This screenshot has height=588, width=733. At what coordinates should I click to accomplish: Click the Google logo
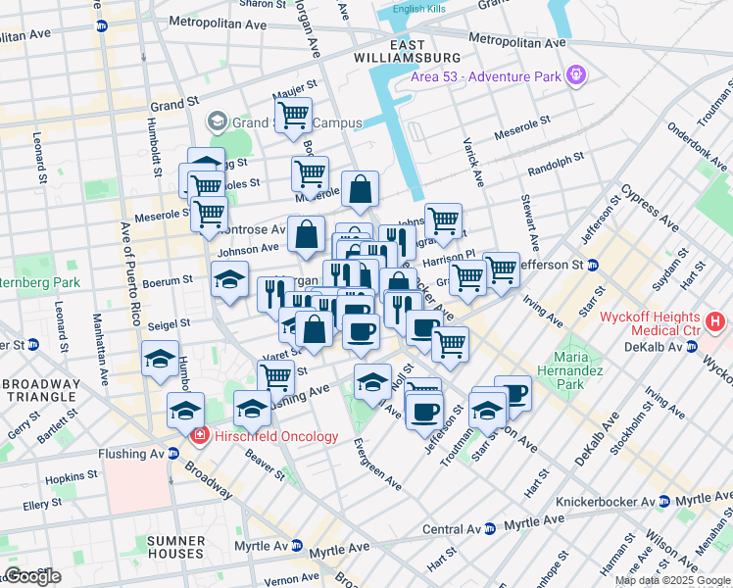pyautogui.click(x=32, y=576)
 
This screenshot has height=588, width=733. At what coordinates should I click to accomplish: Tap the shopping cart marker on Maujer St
pyautogui.click(x=293, y=116)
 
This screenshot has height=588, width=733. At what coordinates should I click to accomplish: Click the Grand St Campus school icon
pyautogui.click(x=217, y=122)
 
